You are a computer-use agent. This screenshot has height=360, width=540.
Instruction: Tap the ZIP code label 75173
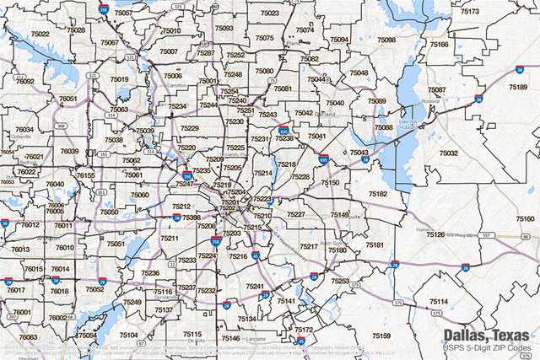(x=470, y=12)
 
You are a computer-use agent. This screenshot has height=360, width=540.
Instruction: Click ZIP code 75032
(x=448, y=153)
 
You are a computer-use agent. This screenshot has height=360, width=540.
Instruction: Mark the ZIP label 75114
(x=438, y=301)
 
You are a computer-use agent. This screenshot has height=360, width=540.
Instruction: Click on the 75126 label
(x=435, y=234)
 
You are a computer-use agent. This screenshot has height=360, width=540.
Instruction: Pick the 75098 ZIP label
(x=386, y=40)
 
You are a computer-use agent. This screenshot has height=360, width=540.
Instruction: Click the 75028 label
(x=76, y=30)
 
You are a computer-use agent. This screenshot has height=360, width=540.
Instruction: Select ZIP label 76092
(x=25, y=82)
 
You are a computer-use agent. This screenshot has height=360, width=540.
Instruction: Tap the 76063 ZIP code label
(x=28, y=336)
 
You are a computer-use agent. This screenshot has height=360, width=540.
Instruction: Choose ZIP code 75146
(x=230, y=338)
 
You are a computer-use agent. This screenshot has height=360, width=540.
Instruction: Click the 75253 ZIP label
(x=340, y=281)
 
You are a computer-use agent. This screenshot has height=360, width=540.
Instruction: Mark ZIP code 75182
(x=377, y=194)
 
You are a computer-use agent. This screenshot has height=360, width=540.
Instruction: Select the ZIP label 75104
(x=129, y=335)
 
